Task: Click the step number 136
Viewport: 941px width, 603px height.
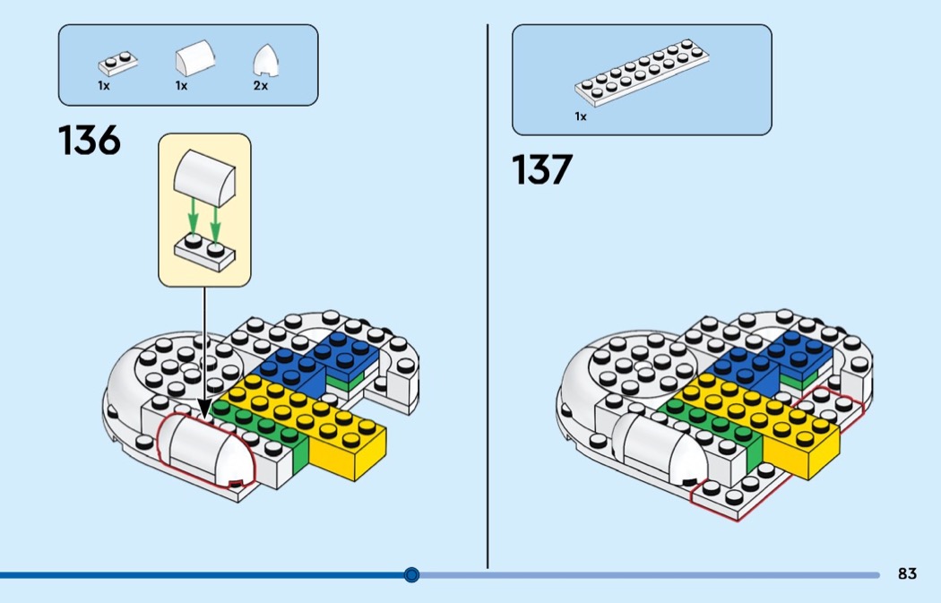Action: [90, 142]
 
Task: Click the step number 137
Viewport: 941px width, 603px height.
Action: [542, 170]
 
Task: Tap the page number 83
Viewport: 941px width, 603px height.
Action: [907, 574]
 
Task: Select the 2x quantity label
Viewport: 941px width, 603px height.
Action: [261, 86]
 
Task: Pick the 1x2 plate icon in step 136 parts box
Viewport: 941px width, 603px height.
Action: [118, 64]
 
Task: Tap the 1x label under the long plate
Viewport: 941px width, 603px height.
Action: [581, 116]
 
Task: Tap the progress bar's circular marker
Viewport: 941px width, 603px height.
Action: [411, 574]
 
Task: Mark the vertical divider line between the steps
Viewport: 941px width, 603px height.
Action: [488, 296]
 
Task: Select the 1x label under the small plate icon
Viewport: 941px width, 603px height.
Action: [104, 86]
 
